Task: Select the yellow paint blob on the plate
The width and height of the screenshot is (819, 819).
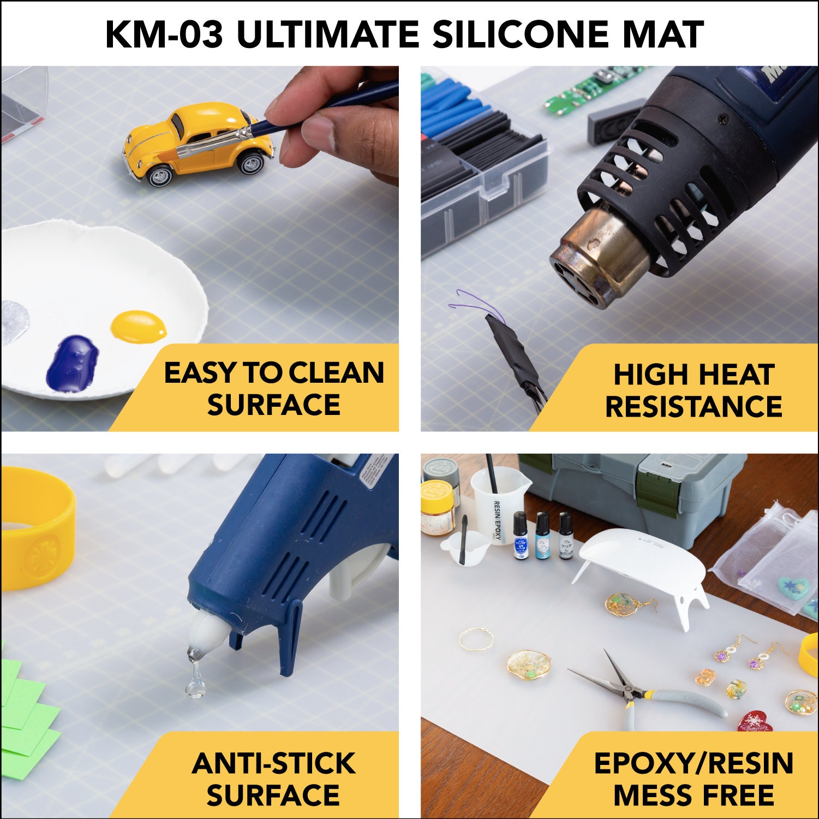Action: coord(139,327)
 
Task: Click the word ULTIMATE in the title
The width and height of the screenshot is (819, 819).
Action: coord(327,34)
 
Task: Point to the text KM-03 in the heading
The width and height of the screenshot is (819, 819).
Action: coord(164,34)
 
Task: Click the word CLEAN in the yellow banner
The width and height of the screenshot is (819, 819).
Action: coord(336,373)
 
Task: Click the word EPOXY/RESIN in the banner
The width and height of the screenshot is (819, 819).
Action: coord(693,763)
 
